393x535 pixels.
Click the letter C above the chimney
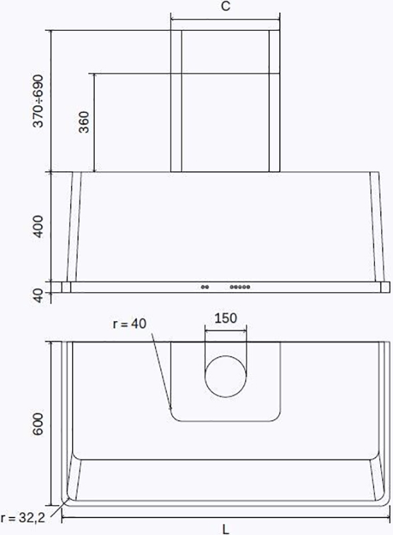(225, 6)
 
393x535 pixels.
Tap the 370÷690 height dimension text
(39, 101)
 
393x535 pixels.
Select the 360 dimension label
(84, 122)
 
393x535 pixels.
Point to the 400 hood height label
(38, 227)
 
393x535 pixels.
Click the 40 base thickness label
(39, 296)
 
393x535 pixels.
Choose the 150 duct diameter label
(226, 318)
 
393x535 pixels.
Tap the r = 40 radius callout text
(130, 324)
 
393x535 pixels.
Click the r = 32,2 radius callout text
(23, 518)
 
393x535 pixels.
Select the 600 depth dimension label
(38, 424)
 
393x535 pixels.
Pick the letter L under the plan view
(226, 529)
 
